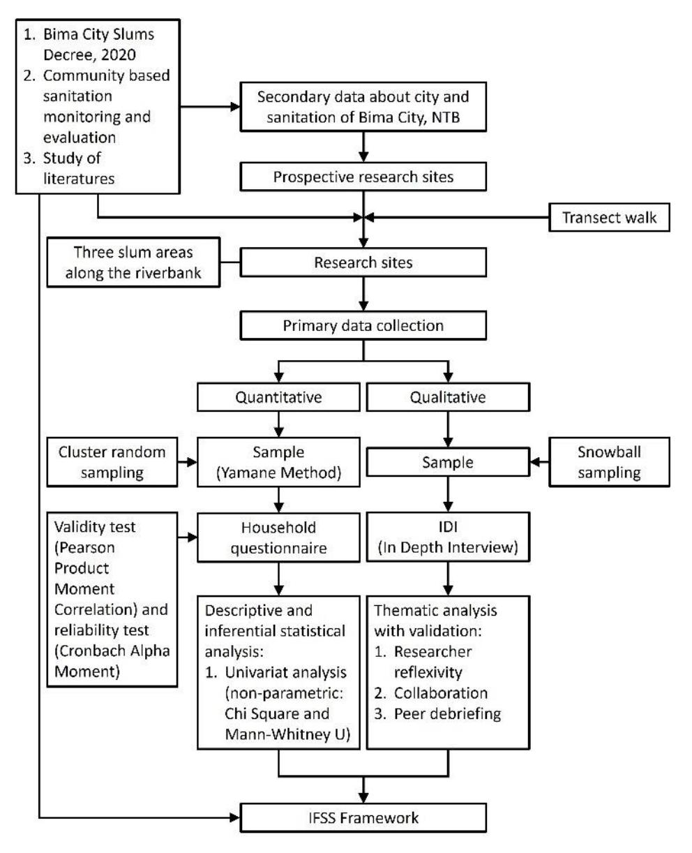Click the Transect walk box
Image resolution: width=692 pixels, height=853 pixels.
click(x=608, y=217)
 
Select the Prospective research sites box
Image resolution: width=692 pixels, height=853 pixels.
click(x=363, y=176)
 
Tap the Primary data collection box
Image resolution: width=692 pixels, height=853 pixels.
click(x=363, y=325)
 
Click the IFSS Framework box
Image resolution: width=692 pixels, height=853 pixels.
click(x=363, y=817)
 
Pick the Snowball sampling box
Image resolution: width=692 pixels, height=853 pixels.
click(x=608, y=461)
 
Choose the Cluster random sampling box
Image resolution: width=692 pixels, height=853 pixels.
click(x=112, y=461)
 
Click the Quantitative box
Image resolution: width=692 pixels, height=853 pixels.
click(x=278, y=397)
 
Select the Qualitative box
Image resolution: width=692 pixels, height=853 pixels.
click(x=448, y=397)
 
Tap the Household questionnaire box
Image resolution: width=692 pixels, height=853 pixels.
click(x=278, y=537)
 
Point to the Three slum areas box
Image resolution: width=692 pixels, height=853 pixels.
click(x=133, y=262)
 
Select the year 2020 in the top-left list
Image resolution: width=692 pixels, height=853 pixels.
click(x=119, y=54)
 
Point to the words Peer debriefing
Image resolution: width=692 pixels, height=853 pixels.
click(x=447, y=713)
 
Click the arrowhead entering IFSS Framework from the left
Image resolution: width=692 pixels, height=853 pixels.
click(x=235, y=817)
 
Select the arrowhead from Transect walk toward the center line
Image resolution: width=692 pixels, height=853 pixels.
click(x=369, y=217)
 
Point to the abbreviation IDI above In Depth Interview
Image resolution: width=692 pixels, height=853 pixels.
click(x=448, y=526)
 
